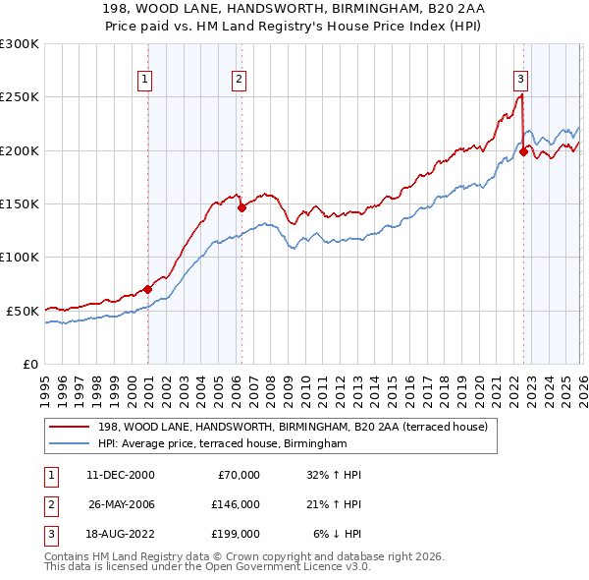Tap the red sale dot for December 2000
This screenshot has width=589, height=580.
tap(148, 289)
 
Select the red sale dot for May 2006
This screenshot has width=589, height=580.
tap(241, 207)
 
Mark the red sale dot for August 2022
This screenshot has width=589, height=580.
tap(523, 151)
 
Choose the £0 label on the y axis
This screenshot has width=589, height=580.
tap(29, 364)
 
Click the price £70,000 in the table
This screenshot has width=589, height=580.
tap(237, 475)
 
